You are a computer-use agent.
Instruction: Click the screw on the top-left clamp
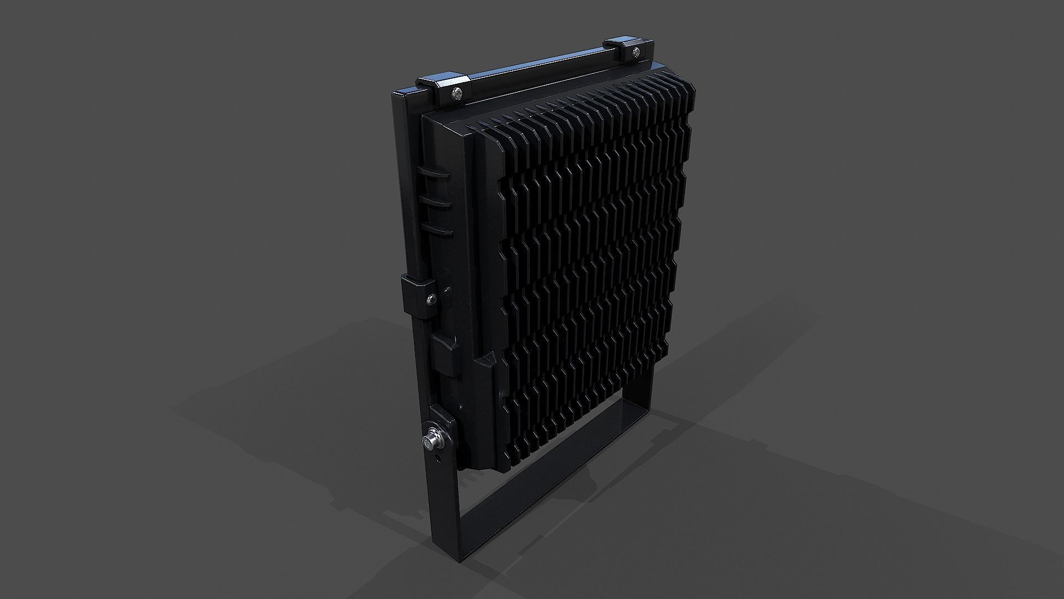[456, 94]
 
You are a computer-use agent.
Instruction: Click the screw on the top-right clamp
[635, 53]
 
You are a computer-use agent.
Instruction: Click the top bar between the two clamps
[538, 70]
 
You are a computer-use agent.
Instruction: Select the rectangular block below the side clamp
[443, 355]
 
